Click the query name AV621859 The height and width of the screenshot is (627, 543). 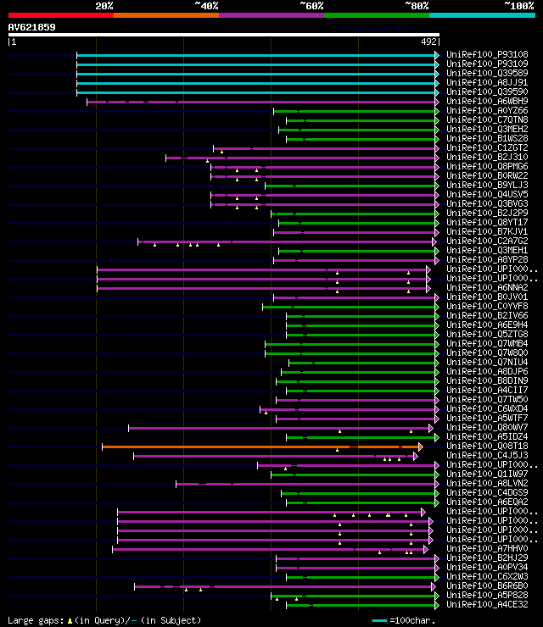[x=31, y=27]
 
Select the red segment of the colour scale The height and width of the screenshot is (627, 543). [x=60, y=15]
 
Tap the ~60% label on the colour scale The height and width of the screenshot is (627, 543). [x=311, y=6]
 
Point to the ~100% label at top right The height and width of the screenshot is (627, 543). [x=518, y=6]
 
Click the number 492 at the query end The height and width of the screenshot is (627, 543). [x=429, y=41]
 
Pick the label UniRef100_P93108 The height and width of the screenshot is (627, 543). [x=486, y=55]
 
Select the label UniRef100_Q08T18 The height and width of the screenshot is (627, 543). [x=486, y=447]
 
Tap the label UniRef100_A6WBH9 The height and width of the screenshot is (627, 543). [x=486, y=102]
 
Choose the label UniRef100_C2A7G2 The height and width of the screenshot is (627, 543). [x=486, y=241]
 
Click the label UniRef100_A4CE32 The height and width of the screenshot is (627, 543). [x=486, y=605]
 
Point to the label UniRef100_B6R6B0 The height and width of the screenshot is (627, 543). [x=486, y=586]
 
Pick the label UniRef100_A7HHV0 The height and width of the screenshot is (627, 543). [x=486, y=549]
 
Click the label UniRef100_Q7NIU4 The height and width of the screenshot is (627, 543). [x=486, y=363]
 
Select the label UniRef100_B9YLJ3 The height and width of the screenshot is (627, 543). [x=486, y=186]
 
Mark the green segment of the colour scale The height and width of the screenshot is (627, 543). [x=376, y=15]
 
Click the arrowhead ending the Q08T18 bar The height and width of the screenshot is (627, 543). [x=420, y=447]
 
